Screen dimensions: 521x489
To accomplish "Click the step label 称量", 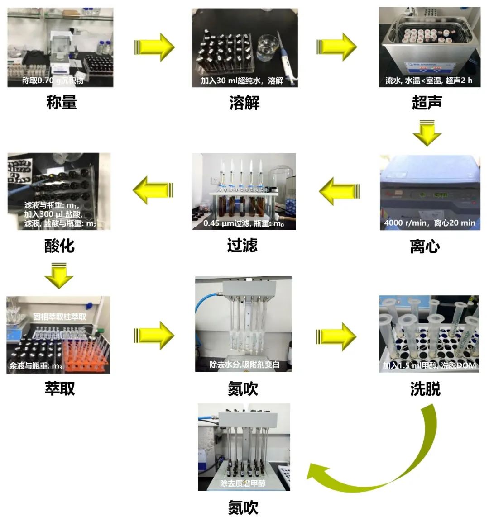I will click(62, 103).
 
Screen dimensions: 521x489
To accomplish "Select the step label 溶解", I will click(244, 103).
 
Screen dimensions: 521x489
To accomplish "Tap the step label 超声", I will click(427, 103).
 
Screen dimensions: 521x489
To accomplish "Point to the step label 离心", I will click(425, 246).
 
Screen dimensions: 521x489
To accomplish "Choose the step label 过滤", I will click(242, 245).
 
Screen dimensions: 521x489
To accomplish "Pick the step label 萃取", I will click(59, 388).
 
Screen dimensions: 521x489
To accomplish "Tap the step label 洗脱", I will click(425, 388).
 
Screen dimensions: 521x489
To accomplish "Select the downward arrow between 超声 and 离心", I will click(427, 132).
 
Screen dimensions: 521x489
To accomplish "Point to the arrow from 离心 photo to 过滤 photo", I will click(340, 191).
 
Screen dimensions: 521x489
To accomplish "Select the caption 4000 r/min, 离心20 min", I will click(429, 223).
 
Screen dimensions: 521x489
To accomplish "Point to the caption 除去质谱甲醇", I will click(243, 483).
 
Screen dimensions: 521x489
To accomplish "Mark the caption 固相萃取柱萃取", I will click(59, 317).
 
